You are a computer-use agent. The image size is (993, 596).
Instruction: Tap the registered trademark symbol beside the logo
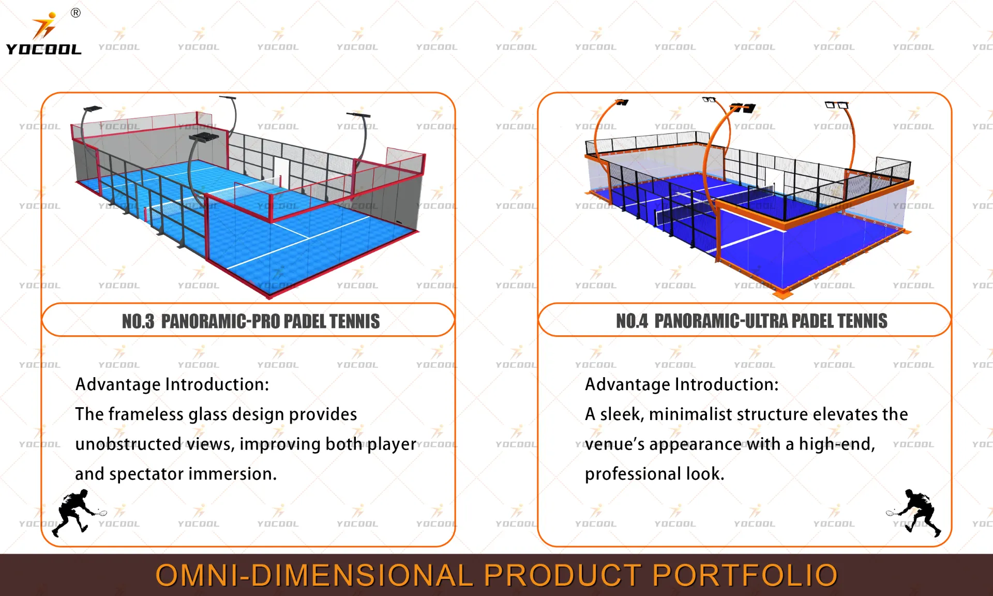click(x=76, y=13)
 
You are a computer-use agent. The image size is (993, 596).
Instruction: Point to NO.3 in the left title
click(x=138, y=321)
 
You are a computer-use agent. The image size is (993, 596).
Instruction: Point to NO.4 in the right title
click(x=631, y=321)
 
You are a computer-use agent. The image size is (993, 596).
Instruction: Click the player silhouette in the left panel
click(x=78, y=512)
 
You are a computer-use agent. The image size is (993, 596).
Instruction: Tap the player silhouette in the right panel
click(x=916, y=512)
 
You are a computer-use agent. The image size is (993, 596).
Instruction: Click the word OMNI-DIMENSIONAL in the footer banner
click(x=314, y=575)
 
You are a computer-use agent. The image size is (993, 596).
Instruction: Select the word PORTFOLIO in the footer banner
click(x=744, y=575)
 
